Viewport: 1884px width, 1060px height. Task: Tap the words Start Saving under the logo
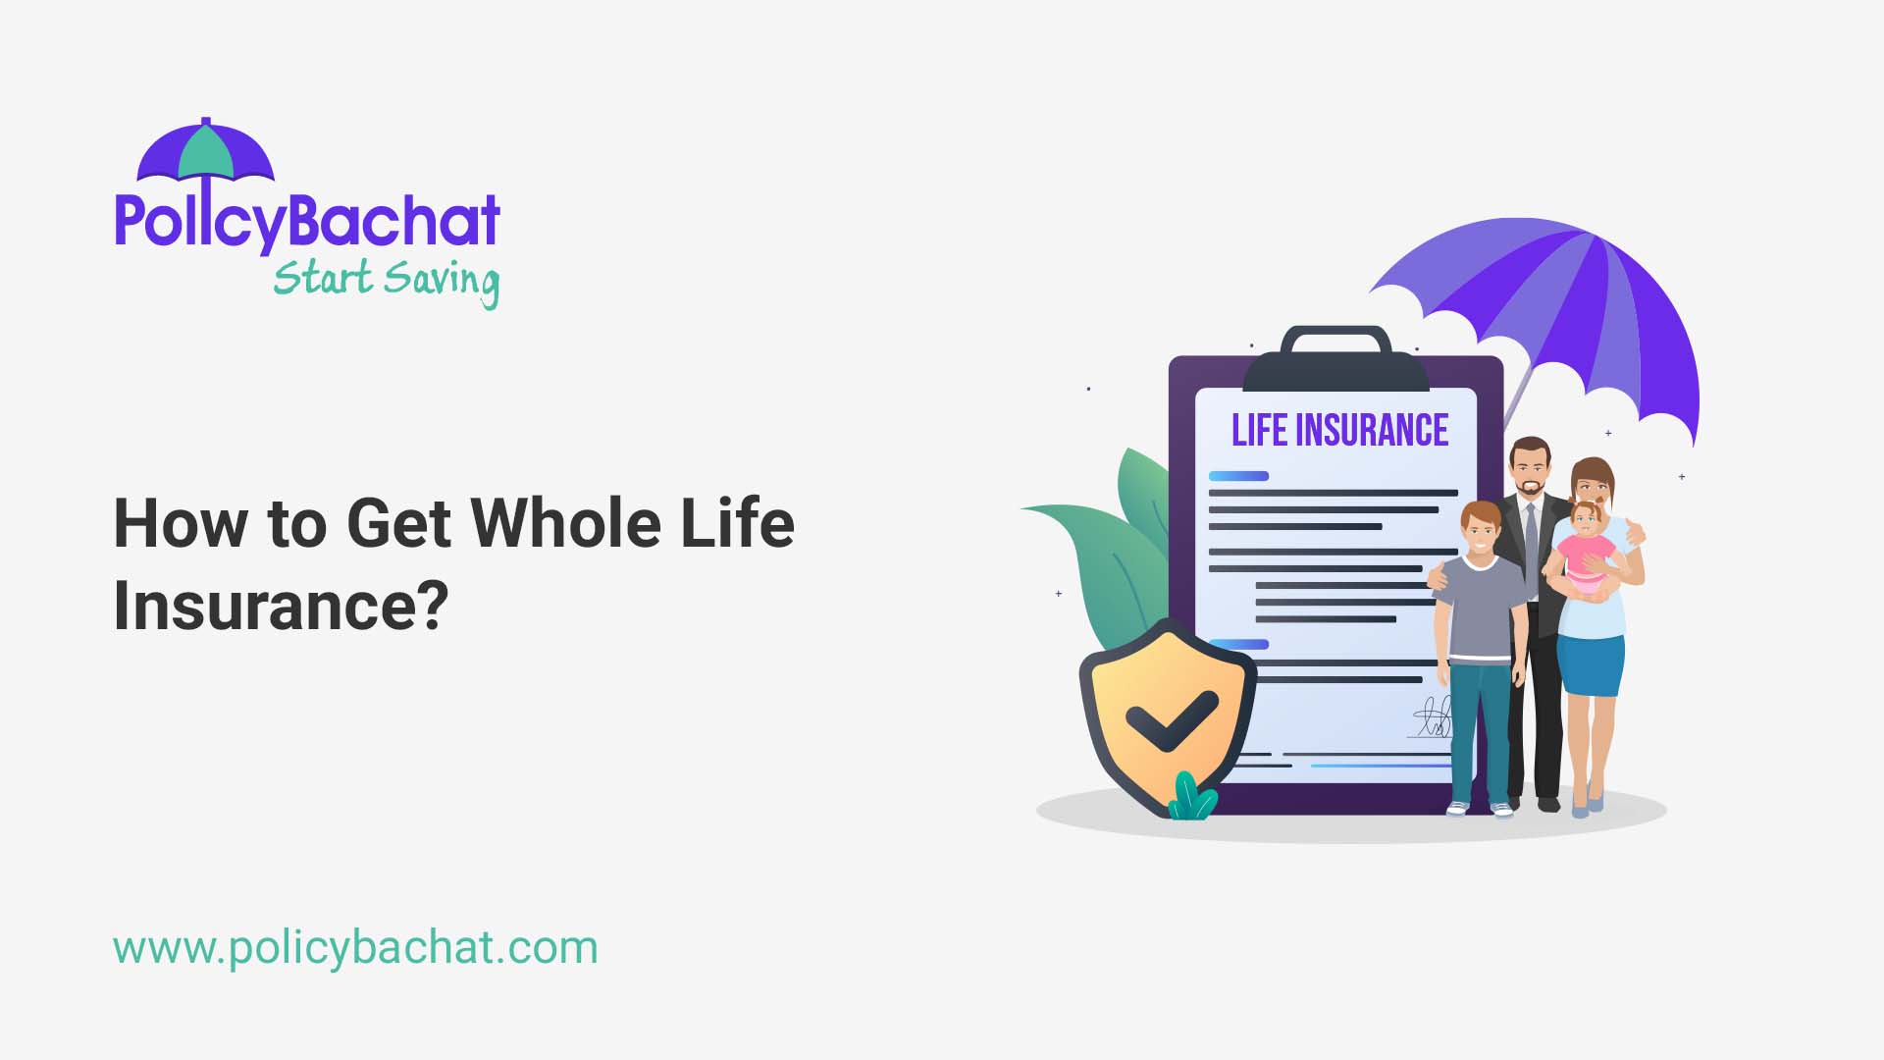(x=386, y=281)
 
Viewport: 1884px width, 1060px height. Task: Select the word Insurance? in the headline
(x=281, y=605)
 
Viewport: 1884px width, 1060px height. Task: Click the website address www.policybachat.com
(x=355, y=948)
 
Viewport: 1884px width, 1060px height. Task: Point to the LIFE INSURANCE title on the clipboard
(x=1339, y=431)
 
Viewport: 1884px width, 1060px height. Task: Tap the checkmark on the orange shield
(x=1170, y=719)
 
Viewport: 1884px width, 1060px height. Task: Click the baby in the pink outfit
(x=1584, y=550)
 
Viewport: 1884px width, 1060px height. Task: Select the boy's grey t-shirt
(x=1479, y=609)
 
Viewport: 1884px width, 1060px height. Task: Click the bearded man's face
(x=1530, y=471)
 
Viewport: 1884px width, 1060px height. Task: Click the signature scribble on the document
(x=1434, y=718)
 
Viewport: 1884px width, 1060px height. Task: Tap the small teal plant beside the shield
(x=1191, y=798)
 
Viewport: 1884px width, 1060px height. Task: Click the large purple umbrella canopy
(x=1570, y=304)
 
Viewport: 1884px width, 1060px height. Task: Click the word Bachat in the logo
(x=392, y=221)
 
